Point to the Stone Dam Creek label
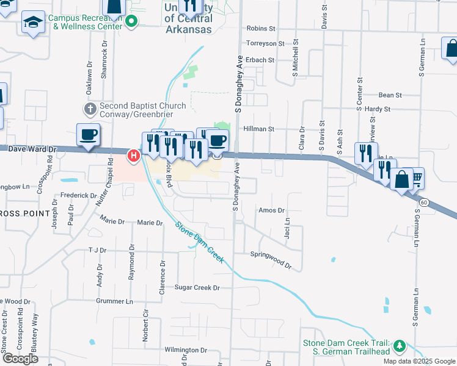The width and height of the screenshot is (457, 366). point(199,242)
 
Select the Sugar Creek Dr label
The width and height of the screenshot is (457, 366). point(197,287)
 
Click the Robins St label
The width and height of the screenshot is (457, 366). point(261,29)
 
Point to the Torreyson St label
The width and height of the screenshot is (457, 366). point(265,43)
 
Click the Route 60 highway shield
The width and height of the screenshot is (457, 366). point(423,202)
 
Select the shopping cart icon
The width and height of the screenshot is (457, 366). point(417,178)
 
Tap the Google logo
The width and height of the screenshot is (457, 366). point(21,359)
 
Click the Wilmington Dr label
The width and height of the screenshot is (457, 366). point(186,350)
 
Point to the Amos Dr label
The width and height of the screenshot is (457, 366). point(272,210)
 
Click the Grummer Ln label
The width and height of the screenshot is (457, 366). point(114,301)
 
